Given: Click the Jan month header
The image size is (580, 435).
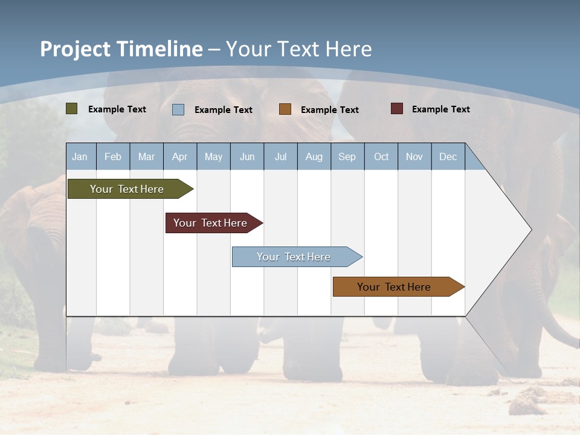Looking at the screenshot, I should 80,156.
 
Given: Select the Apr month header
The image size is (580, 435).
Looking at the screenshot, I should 180,156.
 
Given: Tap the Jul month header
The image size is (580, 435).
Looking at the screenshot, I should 280,156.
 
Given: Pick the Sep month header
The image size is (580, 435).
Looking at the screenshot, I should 347,156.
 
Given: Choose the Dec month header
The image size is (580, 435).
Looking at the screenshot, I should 448,156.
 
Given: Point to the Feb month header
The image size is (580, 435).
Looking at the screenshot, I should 113,156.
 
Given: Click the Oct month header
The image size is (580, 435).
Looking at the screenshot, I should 381,156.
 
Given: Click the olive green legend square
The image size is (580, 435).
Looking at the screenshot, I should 72,109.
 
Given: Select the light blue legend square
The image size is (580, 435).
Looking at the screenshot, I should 178,109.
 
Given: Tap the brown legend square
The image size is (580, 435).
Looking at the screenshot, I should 285,109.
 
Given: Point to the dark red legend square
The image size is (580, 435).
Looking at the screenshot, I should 396,109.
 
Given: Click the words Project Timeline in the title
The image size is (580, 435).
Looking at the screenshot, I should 121,49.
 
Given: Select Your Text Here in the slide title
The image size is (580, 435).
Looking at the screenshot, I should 298,49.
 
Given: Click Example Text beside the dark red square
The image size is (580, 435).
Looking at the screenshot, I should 440,109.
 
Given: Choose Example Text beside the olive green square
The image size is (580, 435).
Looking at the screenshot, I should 117,109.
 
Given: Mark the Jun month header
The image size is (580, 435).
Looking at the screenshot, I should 247,156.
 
